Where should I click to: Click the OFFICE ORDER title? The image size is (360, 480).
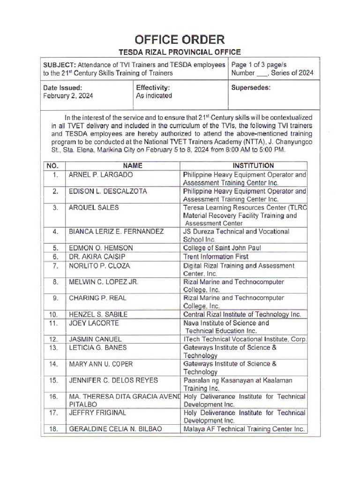[180, 39]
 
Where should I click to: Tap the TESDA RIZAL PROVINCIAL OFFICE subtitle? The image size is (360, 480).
[180, 52]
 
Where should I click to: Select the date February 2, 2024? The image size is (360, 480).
[68, 96]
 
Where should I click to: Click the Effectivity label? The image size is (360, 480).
[153, 88]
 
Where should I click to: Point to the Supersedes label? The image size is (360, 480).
[251, 88]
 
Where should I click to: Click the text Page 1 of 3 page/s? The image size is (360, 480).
[259, 65]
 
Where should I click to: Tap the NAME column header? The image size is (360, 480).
[132, 165]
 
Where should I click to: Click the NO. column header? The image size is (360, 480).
[53, 165]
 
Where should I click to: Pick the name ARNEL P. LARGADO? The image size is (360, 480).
[101, 175]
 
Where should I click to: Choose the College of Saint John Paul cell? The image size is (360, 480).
[222, 248]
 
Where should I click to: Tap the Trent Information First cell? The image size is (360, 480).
[216, 256]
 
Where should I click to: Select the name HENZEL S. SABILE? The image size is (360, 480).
[98, 315]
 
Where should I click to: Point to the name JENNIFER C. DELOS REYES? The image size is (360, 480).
[113, 381]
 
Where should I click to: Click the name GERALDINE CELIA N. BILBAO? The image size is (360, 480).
[115, 429]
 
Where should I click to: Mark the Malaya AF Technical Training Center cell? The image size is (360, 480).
[244, 429]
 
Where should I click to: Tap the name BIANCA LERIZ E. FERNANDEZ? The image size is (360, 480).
[116, 232]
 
